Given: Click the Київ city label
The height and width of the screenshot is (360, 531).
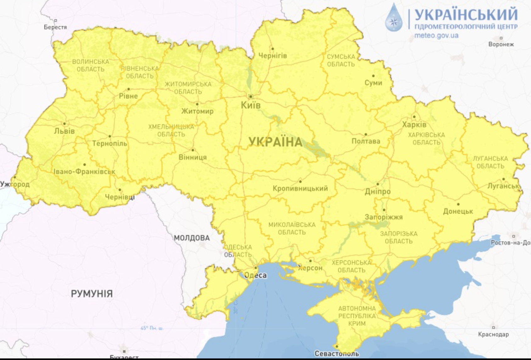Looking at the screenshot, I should pyautogui.click(x=251, y=105).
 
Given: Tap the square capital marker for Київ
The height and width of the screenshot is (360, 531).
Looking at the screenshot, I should pyautogui.click(x=251, y=96).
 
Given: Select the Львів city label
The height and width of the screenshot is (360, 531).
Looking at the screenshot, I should pyautogui.click(x=64, y=131).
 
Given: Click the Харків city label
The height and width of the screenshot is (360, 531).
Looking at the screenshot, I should pyautogui.click(x=414, y=125).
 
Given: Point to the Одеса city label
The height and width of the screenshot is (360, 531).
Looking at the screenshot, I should pyautogui.click(x=255, y=275).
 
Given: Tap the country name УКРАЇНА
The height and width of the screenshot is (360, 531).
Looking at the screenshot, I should pyautogui.click(x=276, y=142).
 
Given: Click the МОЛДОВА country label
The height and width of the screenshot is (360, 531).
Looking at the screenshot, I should pyautogui.click(x=192, y=238).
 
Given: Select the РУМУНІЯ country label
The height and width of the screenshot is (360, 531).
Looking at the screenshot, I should pyautogui.click(x=92, y=294).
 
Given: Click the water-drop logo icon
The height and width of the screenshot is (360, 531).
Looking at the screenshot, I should pyautogui.click(x=394, y=18).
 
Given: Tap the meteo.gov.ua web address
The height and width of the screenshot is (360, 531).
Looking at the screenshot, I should pyautogui.click(x=436, y=36).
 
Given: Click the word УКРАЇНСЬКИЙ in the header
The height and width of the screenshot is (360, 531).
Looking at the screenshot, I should pyautogui.click(x=466, y=14).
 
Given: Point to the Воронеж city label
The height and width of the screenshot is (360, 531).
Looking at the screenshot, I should pyautogui.click(x=501, y=44).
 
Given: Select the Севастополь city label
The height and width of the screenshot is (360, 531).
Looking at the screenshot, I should pyautogui.click(x=337, y=354).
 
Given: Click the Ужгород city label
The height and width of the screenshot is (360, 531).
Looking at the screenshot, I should pyautogui.click(x=15, y=184).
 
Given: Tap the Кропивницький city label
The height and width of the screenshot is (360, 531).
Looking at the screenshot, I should pyautogui.click(x=300, y=188).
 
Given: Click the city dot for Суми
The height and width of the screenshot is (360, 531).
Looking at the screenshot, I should pyautogui.click(x=373, y=76).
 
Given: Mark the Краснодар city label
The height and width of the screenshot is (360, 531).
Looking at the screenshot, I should pyautogui.click(x=493, y=334).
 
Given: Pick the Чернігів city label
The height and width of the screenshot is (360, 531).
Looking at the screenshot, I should pyautogui.click(x=272, y=56).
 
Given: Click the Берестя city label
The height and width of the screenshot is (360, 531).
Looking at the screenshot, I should pyautogui.click(x=55, y=27).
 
